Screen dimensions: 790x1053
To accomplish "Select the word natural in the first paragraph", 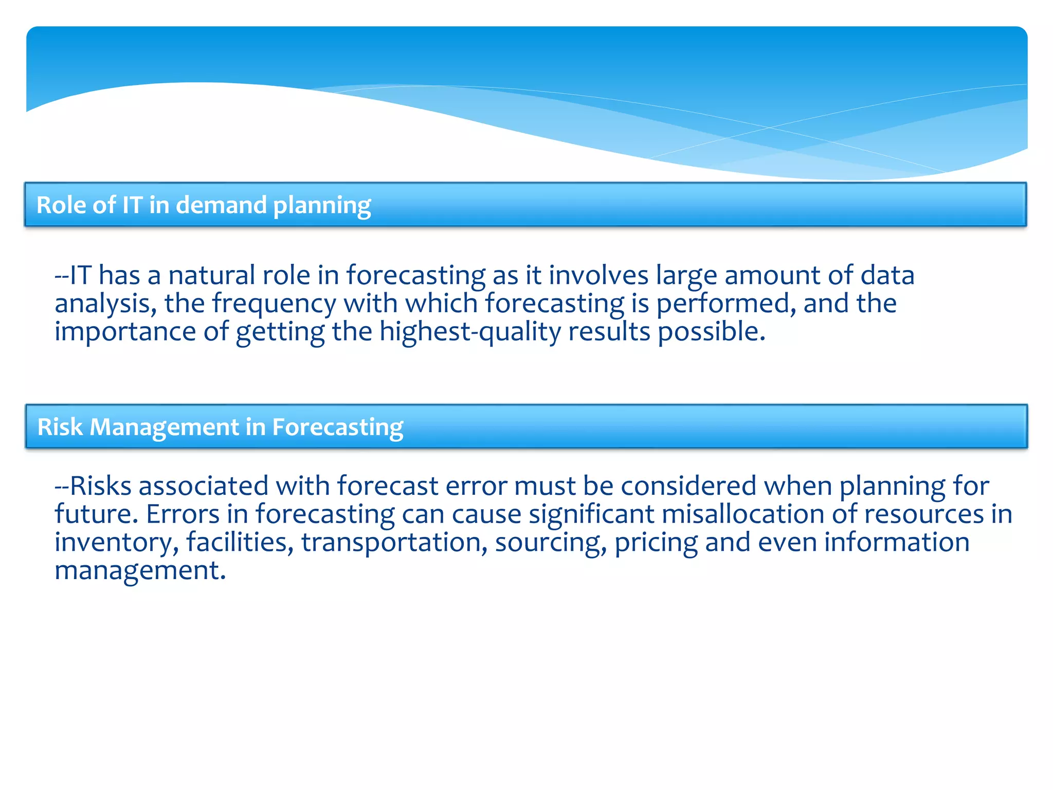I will [211, 275].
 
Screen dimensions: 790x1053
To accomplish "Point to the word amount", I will [772, 275].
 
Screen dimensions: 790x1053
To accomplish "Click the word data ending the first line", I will [887, 275].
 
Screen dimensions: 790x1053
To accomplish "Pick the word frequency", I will [274, 303].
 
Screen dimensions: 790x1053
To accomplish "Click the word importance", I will [125, 332].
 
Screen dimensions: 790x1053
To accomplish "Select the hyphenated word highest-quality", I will [470, 332].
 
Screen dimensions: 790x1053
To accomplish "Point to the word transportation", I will [394, 543].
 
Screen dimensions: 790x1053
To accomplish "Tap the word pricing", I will [656, 543].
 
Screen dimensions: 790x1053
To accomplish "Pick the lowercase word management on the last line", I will [140, 571].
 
